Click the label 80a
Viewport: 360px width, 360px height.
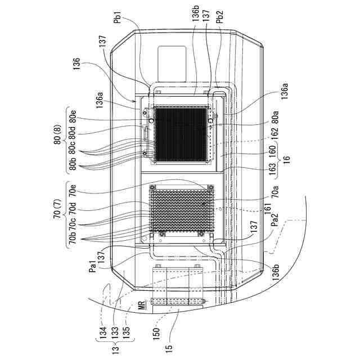276,119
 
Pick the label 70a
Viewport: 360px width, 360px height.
276,194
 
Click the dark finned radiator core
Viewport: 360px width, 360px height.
182,134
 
